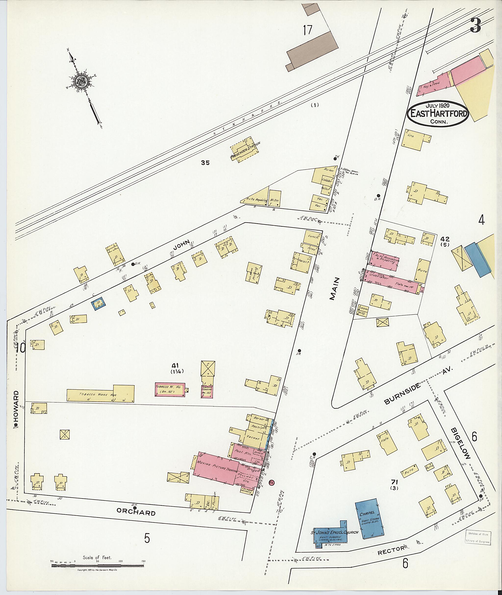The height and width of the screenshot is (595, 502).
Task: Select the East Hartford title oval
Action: pyautogui.click(x=439, y=113)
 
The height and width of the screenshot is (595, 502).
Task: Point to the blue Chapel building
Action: pyautogui.click(x=369, y=519)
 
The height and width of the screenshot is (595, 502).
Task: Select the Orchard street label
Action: pyautogui.click(x=136, y=512)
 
